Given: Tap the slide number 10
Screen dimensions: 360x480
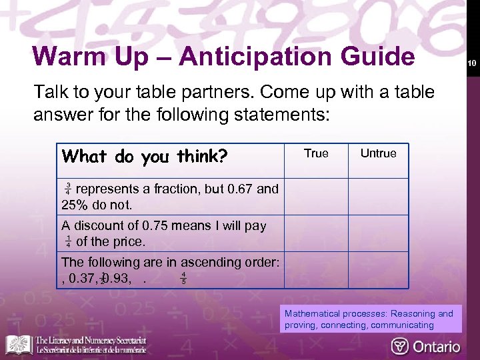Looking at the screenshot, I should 471,63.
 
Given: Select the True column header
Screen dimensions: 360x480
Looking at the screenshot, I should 316,153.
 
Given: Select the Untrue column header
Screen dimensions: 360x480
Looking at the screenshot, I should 378,153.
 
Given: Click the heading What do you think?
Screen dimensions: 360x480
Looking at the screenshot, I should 145,157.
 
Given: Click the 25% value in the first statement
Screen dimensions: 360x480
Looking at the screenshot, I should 75,205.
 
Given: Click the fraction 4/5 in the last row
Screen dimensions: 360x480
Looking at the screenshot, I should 183,277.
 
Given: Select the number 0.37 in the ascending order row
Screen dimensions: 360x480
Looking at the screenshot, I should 82,278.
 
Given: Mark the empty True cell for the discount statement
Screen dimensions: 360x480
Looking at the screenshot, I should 316,233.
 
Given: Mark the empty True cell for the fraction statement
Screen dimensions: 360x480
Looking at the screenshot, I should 316,197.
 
